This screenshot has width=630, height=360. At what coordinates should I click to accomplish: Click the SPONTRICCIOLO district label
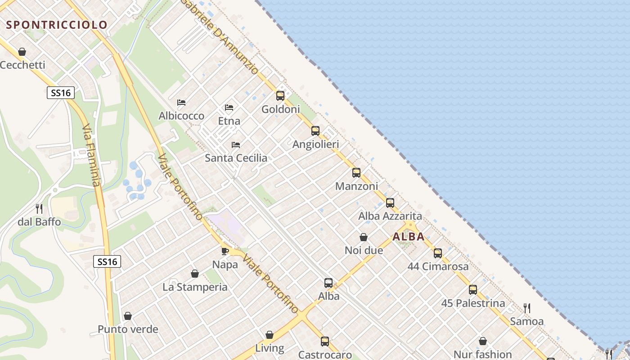[57, 25]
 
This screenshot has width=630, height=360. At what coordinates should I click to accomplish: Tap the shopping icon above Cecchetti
[22, 52]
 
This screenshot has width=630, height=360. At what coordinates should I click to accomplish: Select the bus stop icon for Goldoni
[280, 95]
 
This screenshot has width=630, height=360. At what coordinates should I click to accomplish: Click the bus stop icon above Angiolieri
[315, 131]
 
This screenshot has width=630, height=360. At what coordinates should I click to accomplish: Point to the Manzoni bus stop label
[356, 186]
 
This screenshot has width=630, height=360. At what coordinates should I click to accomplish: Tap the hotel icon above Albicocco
[181, 103]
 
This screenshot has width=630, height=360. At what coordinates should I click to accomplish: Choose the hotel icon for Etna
[229, 108]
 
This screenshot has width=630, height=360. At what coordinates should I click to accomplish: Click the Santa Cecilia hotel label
[236, 158]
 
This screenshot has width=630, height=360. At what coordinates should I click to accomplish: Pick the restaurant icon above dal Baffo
[39, 209]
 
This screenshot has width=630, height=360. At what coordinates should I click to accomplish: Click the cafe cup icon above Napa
[225, 251]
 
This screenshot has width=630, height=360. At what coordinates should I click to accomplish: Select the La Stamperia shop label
[195, 287]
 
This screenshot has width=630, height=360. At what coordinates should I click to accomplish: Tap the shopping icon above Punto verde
[128, 316]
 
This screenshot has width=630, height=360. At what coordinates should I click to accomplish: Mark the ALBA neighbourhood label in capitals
[409, 237]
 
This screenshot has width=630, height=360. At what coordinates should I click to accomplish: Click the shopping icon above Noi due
[364, 237]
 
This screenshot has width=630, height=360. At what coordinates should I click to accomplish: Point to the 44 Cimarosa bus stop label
[438, 266]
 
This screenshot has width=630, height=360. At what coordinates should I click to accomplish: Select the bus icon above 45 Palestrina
[473, 290]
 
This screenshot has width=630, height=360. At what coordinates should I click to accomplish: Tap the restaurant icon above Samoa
[526, 308]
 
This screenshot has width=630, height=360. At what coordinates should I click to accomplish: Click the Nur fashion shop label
[482, 355]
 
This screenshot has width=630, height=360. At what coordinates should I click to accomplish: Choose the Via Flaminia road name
[91, 157]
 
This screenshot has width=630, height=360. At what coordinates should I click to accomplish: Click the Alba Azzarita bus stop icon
[390, 203]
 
